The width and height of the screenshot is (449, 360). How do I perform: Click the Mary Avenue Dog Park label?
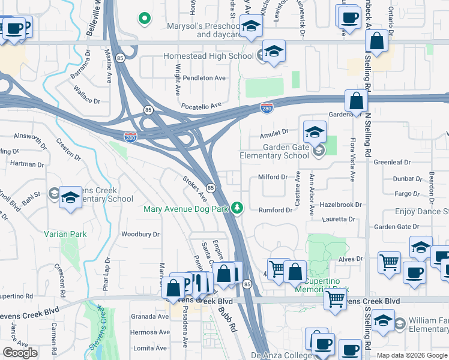(x=187, y=209)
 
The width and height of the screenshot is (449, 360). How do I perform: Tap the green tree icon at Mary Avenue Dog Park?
(x=238, y=208)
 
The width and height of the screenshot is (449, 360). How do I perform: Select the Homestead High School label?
(x=208, y=56)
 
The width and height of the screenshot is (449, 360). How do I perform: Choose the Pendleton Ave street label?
(x=204, y=78)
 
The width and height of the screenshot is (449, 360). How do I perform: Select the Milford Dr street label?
(x=273, y=177)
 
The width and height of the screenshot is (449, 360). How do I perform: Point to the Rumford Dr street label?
(x=275, y=210)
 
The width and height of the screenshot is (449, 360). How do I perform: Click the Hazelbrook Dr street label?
(x=342, y=205)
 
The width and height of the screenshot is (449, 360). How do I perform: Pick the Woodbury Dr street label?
(x=140, y=234)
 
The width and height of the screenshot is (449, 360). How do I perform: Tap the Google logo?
(x=20, y=352)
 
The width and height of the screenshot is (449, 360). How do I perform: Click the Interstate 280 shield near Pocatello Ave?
(x=268, y=107)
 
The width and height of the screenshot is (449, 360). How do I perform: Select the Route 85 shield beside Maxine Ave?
(x=121, y=58)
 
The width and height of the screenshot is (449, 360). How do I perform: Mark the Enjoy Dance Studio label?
(x=421, y=212)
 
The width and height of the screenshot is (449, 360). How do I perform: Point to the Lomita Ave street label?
(x=149, y=348)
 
